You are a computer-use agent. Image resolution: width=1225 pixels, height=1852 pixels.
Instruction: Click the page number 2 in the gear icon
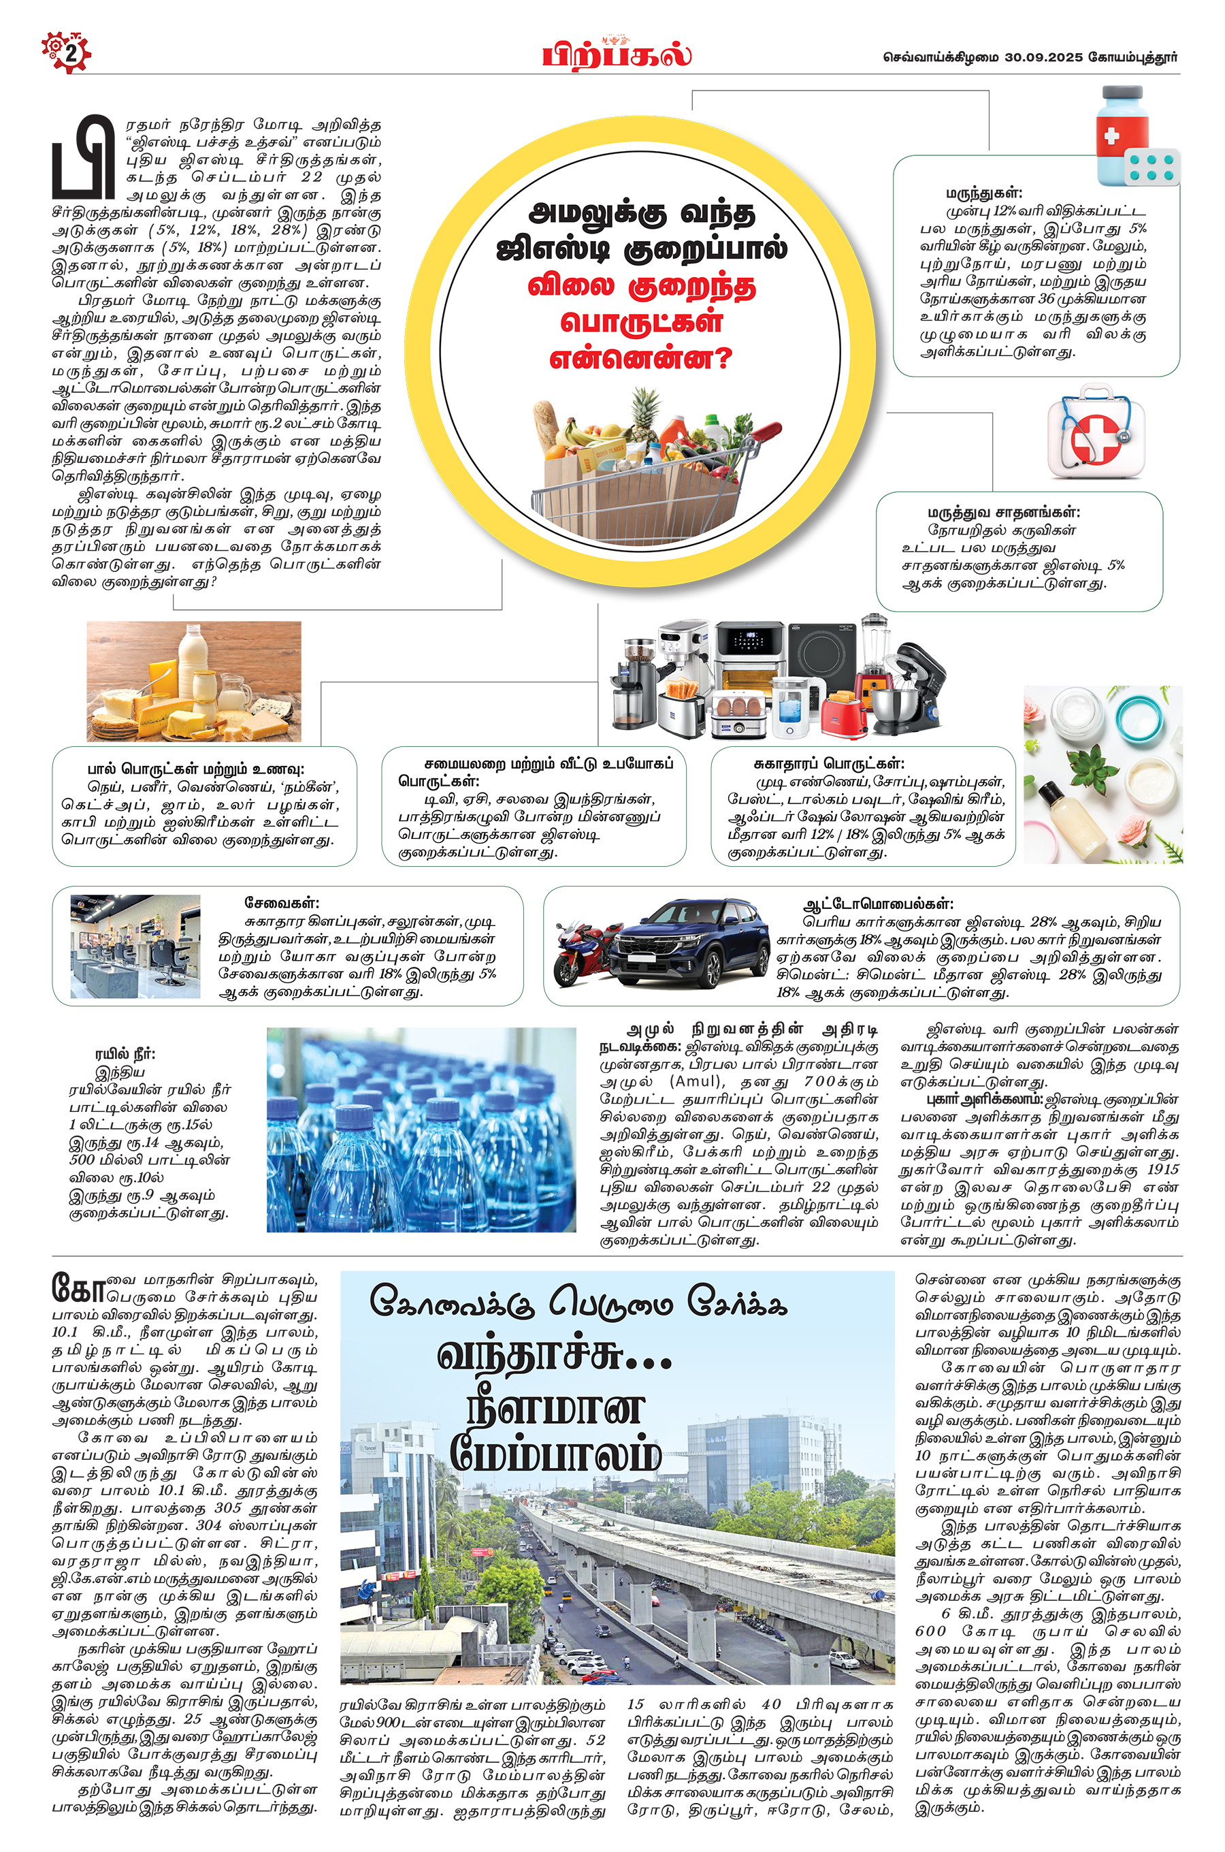click(x=70, y=54)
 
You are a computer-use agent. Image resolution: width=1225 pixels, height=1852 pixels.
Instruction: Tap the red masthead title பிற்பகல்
click(x=617, y=55)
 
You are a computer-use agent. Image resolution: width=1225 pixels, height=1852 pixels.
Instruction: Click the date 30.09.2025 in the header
click(x=1044, y=57)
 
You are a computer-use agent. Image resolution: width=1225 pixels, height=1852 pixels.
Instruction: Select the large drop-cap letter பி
click(x=84, y=157)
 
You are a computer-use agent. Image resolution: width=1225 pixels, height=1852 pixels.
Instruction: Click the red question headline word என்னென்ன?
click(x=640, y=359)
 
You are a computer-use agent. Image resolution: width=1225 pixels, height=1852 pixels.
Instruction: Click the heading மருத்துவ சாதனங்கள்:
click(x=1004, y=513)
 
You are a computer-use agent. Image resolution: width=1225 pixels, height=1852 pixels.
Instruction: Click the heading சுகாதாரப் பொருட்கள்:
click(x=829, y=763)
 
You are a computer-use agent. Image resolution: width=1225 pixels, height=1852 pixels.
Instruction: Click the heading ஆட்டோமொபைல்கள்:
click(x=878, y=904)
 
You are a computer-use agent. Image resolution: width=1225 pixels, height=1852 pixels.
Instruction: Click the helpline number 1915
click(x=1162, y=1170)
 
